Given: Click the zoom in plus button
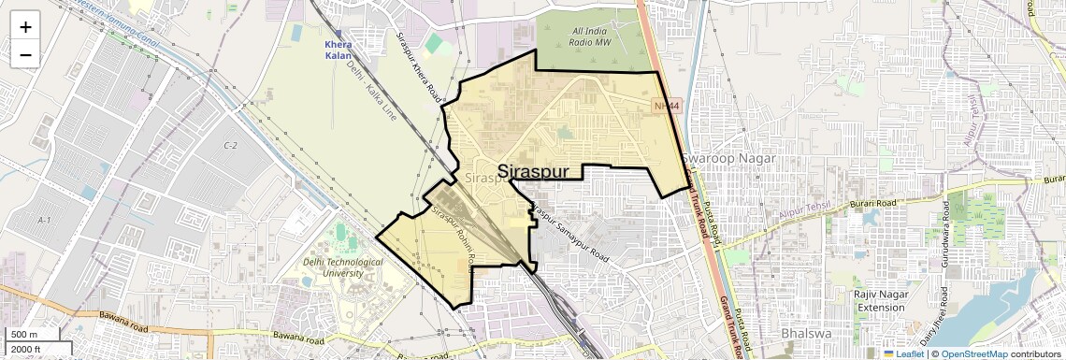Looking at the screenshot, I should (x=25, y=26).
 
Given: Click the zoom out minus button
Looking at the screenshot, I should (x=25, y=55).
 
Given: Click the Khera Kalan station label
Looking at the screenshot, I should (x=338, y=50).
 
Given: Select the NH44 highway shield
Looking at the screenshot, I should (x=664, y=107).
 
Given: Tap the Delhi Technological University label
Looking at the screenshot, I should (x=343, y=268).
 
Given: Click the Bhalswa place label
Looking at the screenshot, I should (x=800, y=335).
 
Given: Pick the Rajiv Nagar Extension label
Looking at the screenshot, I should (x=882, y=301).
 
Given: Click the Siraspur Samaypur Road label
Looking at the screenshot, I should (x=569, y=232).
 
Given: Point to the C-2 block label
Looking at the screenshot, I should (x=230, y=146).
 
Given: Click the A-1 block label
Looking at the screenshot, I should (x=44, y=219).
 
